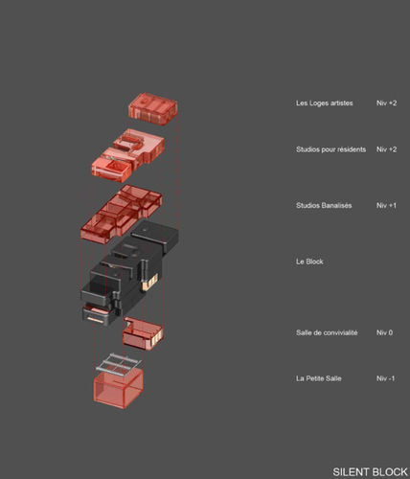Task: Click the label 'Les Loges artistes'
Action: pyautogui.click(x=325, y=103)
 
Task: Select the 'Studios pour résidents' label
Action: pyautogui.click(x=330, y=149)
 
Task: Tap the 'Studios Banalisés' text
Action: pyautogui.click(x=324, y=205)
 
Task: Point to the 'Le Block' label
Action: pyautogui.click(x=309, y=262)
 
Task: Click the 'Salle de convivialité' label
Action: pyautogui.click(x=327, y=332)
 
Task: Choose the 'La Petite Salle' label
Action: pyautogui.click(x=319, y=378)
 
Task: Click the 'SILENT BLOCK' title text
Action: pyautogui.click(x=371, y=471)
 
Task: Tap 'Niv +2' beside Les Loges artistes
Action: pyautogui.click(x=386, y=103)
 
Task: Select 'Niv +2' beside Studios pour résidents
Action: pyautogui.click(x=386, y=149)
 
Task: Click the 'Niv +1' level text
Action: pyautogui.click(x=386, y=205)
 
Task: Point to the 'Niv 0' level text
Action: pyautogui.click(x=384, y=332)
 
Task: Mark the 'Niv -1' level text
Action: pyautogui.click(x=385, y=378)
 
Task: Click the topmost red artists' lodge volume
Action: pyautogui.click(x=153, y=109)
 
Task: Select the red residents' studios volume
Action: pyautogui.click(x=127, y=155)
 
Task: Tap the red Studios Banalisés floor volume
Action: pyautogui.click(x=121, y=214)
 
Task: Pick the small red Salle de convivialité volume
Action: pyautogui.click(x=143, y=333)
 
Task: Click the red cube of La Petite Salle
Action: pyautogui.click(x=118, y=389)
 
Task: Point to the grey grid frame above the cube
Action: pyautogui.click(x=119, y=364)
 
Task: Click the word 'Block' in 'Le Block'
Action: pyautogui.click(x=313, y=262)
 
